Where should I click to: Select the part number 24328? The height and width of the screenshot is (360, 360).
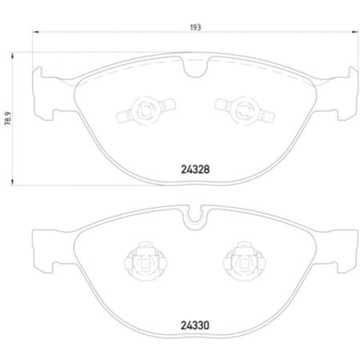pos(194,170)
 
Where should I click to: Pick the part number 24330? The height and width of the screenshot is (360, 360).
pos(194,326)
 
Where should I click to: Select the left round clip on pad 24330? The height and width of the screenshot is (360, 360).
pos(145,261)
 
